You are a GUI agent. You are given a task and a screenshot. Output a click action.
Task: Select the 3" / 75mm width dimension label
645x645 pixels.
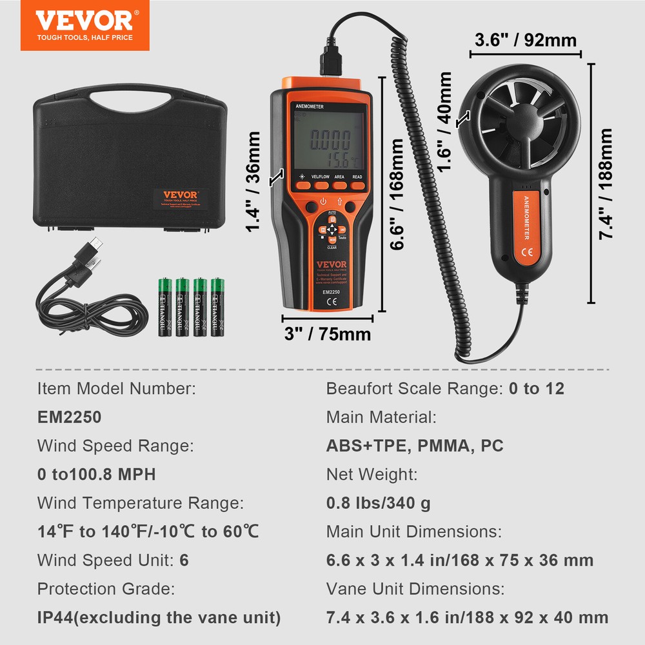[328, 334]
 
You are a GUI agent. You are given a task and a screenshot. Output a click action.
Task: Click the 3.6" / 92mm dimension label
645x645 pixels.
[525, 39]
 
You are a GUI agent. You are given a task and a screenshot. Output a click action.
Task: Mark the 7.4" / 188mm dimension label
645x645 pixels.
[606, 184]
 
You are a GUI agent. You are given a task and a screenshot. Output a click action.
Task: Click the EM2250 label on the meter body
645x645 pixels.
[332, 292]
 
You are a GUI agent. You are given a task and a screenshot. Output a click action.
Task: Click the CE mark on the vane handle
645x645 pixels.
[526, 252]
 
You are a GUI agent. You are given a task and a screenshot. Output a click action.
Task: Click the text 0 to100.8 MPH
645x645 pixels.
[97, 475]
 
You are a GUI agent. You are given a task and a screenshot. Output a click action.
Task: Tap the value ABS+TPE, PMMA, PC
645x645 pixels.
[415, 446]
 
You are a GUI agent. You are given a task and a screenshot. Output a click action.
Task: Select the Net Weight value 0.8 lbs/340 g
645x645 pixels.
[379, 504]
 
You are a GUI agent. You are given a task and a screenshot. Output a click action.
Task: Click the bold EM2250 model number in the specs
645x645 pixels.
[69, 417]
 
